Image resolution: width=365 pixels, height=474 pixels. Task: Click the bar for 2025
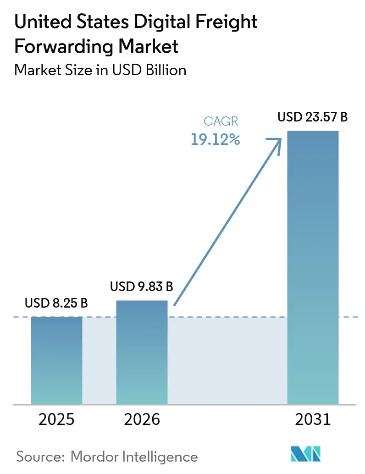(56, 360)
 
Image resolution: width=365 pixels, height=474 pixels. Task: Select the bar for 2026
(142, 352)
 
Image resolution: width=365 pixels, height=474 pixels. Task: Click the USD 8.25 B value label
(56, 303)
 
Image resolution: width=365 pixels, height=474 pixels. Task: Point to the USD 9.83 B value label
(142, 287)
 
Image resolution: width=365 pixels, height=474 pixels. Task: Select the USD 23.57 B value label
(313, 117)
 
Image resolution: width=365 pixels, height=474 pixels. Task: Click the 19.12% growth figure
(216, 140)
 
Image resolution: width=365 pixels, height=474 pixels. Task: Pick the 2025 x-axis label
(56, 419)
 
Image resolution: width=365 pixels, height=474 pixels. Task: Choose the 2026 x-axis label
(142, 419)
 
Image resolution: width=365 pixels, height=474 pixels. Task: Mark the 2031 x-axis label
(313, 419)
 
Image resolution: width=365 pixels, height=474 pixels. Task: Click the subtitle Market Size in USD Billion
(100, 70)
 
